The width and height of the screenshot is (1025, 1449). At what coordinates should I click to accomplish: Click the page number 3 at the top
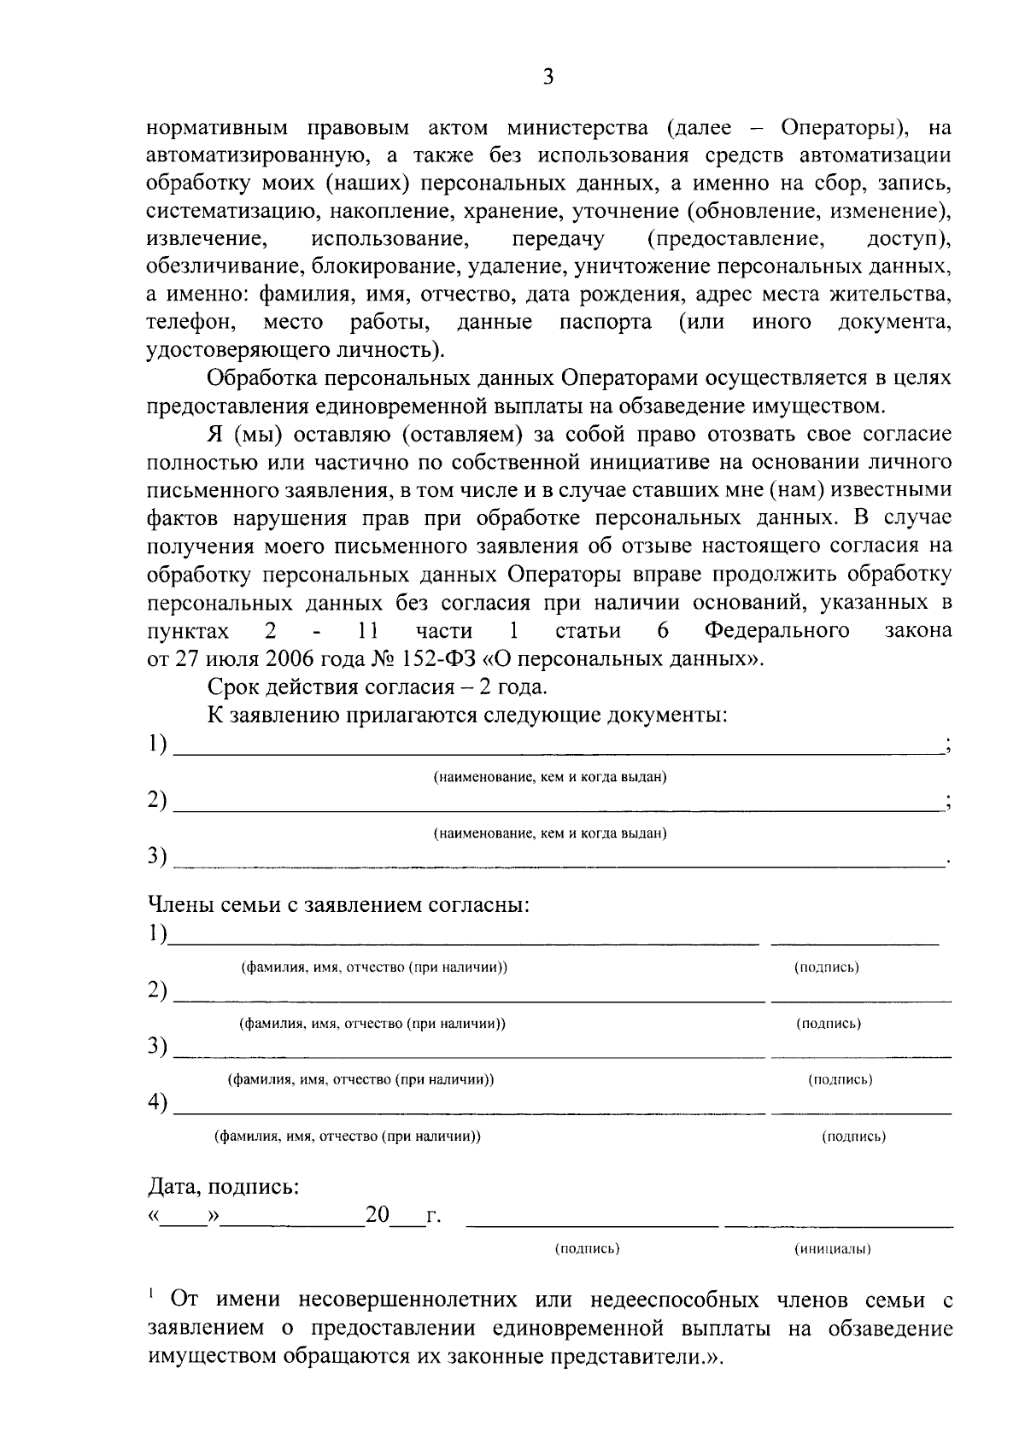548,77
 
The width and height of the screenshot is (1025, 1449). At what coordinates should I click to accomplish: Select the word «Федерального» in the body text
777,631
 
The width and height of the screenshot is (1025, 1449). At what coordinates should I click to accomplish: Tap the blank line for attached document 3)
555,862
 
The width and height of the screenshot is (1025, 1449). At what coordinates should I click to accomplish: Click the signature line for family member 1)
854,941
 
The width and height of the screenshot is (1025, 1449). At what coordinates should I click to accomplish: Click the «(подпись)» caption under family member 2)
829,1023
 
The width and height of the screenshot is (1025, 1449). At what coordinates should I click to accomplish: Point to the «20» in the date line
378,1214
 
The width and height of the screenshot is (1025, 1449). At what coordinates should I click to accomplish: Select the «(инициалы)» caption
833,1248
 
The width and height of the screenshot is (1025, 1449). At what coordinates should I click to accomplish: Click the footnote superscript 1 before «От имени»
151,1294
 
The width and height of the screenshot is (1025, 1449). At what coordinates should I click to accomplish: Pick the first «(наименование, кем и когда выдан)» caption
550,777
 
